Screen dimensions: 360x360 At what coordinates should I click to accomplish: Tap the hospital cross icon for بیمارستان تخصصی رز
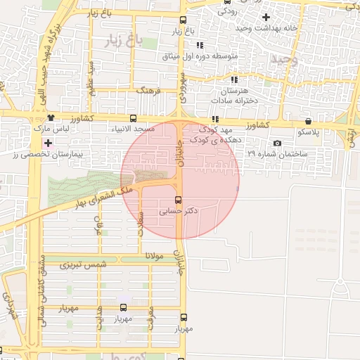point(48,143)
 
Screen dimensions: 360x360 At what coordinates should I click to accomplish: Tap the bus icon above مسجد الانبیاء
point(134,118)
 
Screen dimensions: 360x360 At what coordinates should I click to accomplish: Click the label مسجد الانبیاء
point(134,130)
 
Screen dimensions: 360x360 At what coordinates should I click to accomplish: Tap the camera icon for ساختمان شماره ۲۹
point(278,143)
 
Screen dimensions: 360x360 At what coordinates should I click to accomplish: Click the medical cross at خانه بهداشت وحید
point(265,16)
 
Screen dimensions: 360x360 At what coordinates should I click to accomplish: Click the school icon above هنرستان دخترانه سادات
point(233,80)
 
